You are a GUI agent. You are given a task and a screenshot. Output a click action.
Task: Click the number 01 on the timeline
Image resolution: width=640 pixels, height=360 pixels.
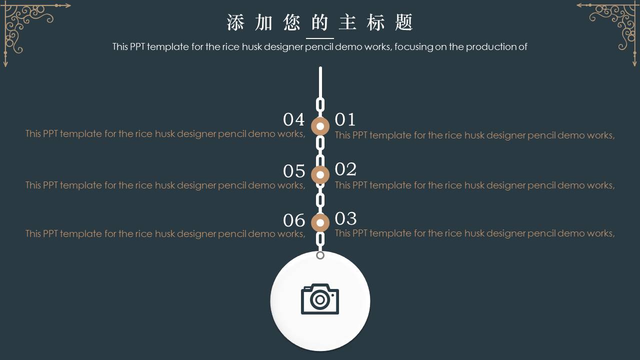coord(345,119)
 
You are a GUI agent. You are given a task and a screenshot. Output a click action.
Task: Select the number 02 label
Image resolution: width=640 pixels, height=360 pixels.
coord(345,169)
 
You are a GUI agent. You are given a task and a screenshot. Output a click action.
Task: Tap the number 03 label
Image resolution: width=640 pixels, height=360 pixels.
coord(345,218)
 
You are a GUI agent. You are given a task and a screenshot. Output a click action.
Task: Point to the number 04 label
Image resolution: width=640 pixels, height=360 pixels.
coord(293,119)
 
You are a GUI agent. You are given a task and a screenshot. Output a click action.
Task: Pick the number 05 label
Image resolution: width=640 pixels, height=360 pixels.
coord(294,171)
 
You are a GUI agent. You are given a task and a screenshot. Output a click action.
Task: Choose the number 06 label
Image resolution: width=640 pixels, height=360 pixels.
coord(294,220)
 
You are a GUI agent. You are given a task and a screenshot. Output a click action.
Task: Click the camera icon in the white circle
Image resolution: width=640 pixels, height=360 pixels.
coord(320,299)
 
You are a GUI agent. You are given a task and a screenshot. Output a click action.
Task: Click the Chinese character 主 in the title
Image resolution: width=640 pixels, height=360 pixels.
coord(347,22)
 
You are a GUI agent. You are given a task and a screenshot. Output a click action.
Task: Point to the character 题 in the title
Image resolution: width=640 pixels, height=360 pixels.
coord(403,22)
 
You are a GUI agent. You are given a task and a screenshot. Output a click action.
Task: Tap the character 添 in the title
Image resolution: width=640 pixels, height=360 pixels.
coord(235,22)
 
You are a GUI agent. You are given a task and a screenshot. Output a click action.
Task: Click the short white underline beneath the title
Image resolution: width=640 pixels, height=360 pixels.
coord(320,38)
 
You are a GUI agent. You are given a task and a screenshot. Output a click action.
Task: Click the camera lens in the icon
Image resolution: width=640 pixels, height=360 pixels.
coord(320,299)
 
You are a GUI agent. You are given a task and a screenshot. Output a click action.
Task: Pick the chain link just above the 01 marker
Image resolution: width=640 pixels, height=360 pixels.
coord(320,105)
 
